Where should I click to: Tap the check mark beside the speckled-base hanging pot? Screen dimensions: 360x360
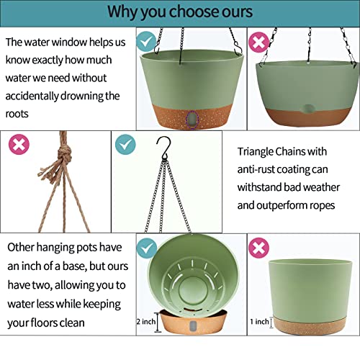click(146, 41)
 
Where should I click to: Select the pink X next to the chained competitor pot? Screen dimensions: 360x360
click(258, 42)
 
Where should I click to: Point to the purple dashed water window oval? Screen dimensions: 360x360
click(193, 120)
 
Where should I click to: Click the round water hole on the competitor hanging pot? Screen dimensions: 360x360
click(307, 109)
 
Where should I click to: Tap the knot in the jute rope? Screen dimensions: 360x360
click(64, 153)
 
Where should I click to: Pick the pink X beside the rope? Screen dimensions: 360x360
click(19, 144)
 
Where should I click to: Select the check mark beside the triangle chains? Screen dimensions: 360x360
click(125, 144)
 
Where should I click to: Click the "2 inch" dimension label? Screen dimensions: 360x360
click(146, 321)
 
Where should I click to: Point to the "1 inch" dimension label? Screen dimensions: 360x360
click(259, 321)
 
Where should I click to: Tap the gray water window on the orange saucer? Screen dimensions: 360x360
click(193, 325)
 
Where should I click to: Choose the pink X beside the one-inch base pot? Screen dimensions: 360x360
click(258, 248)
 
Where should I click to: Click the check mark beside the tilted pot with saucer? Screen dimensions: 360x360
click(147, 248)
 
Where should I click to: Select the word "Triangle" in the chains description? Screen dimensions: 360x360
click(255, 152)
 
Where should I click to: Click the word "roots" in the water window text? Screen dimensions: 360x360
click(17, 114)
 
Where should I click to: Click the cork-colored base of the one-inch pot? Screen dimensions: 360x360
click(310, 326)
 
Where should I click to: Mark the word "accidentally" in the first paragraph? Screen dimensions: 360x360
click(32, 96)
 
